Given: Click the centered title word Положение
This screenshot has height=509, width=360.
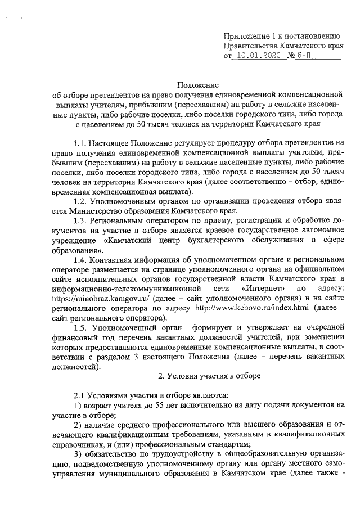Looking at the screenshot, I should pos(197,84).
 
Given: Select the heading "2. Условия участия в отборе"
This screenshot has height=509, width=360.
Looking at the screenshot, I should pos(204,375).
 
